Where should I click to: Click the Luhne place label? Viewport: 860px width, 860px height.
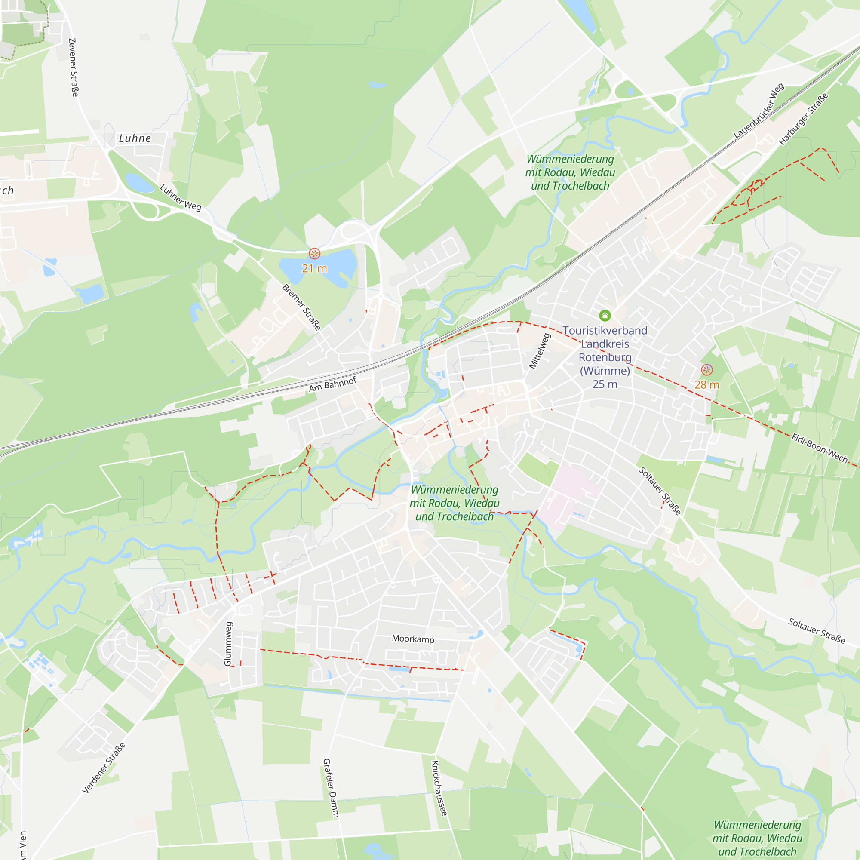(135, 138)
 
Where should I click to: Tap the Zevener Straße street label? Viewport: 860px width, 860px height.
(74, 67)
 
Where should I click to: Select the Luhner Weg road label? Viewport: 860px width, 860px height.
(180, 197)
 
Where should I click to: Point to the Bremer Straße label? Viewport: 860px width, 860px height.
(301, 307)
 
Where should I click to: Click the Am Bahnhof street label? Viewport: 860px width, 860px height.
(332, 384)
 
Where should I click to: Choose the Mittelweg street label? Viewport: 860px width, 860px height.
(540, 351)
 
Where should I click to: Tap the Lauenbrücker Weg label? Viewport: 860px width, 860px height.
(759, 111)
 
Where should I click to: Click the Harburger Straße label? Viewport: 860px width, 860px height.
(804, 119)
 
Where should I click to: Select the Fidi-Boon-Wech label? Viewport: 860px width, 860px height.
(820, 448)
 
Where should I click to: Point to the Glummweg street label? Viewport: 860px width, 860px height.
(228, 644)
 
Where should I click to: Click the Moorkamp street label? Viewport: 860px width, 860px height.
(413, 639)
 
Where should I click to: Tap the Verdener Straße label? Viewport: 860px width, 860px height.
(104, 768)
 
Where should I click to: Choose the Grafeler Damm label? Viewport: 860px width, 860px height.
(331, 788)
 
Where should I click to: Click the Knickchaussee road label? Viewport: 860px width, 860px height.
(439, 788)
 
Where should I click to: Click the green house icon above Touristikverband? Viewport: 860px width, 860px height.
(605, 316)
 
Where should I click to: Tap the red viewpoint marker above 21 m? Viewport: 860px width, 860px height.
(314, 254)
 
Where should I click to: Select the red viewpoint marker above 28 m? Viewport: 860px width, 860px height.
(707, 369)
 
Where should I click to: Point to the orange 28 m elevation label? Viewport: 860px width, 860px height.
(706, 384)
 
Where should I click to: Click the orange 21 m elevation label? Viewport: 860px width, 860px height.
(314, 268)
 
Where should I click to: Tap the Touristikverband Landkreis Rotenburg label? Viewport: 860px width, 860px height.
(605, 350)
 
